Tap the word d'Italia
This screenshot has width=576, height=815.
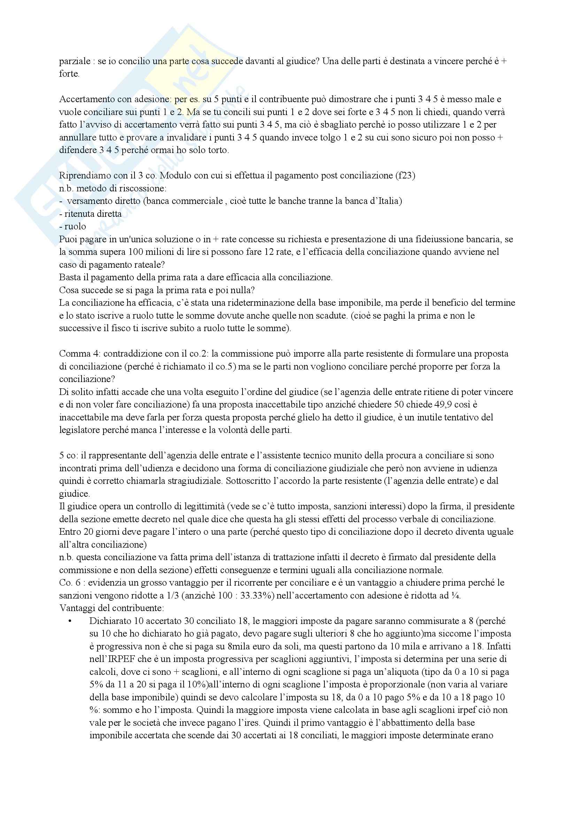pyautogui.click(x=387, y=201)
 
